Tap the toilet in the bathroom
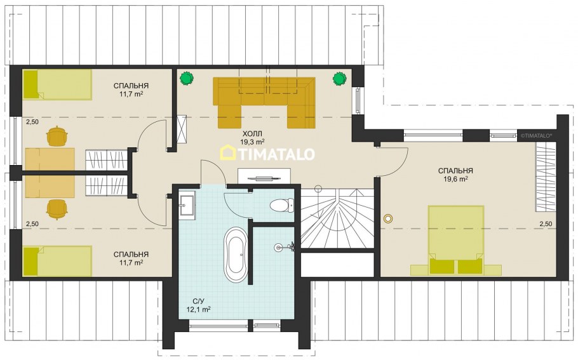pos(281,205)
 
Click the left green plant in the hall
pos(187,78)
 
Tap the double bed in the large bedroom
pos(456,240)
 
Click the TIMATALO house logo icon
pos(227,152)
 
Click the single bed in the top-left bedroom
pos(57,84)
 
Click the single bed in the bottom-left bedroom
pos(57,261)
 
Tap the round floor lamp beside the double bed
pos(388,218)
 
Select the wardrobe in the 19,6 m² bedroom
pos(546,177)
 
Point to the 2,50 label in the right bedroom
pos(546,223)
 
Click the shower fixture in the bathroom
pos(285,247)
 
